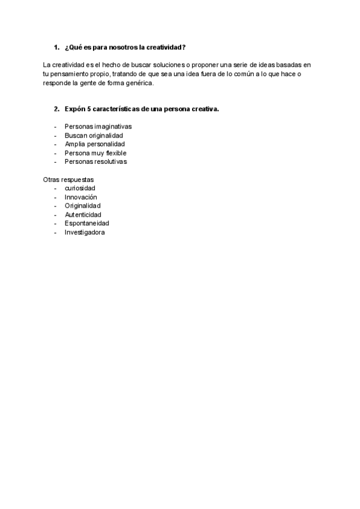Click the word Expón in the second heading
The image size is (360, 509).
[x=74, y=109]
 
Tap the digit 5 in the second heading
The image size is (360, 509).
[x=88, y=109]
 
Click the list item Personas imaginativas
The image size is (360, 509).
[x=98, y=127]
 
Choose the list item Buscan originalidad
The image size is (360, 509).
[x=94, y=136]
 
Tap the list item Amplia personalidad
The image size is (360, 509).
[x=95, y=144]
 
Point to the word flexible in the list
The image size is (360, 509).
[x=116, y=153]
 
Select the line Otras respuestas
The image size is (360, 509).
[x=68, y=179]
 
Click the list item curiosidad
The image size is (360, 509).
[x=80, y=188]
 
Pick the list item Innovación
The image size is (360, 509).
[x=80, y=197]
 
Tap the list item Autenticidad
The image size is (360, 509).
[x=83, y=214]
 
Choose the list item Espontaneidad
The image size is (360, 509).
[x=86, y=223]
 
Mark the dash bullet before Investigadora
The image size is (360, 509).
[x=55, y=232]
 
